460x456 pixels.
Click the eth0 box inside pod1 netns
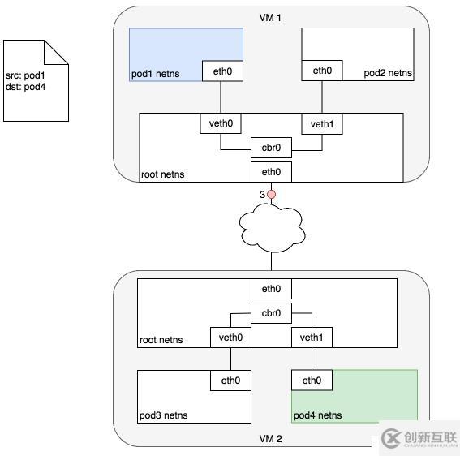[x=222, y=71]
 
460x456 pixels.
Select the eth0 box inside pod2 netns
[x=322, y=71]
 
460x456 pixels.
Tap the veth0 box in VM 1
[x=221, y=123]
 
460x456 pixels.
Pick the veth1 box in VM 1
[x=322, y=123]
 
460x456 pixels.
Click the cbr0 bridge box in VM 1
[x=271, y=149]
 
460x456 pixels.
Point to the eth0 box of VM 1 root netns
[x=271, y=171]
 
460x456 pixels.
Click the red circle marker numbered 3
[x=272, y=195]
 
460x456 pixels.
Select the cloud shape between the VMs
[x=272, y=227]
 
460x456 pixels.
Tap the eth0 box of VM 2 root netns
[x=271, y=289]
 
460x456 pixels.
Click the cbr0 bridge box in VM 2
[x=271, y=313]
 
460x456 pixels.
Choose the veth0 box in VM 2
[x=230, y=337]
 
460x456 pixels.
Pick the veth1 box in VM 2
[x=312, y=337]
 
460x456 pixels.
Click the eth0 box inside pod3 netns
[x=230, y=380]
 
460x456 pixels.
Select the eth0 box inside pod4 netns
[x=312, y=380]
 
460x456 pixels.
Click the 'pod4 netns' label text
[x=317, y=415]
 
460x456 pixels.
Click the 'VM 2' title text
[x=271, y=438]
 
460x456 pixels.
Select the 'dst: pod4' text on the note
[x=25, y=86]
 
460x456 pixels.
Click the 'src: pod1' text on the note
[x=25, y=75]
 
